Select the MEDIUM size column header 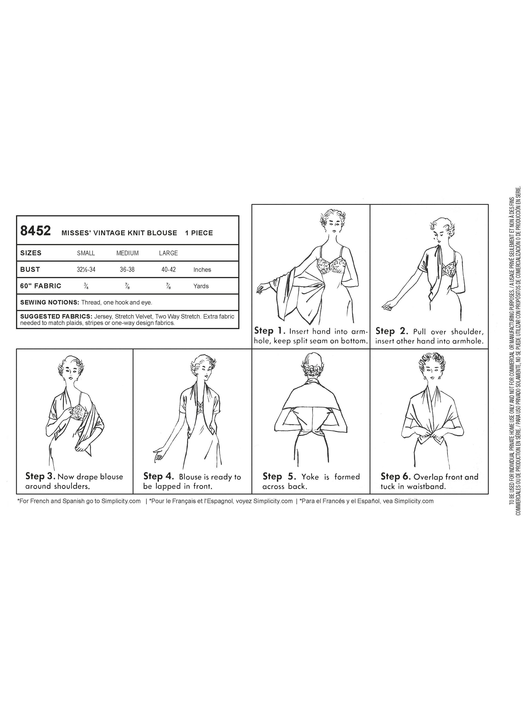pyautogui.click(x=127, y=253)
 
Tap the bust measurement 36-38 pyautogui.click(x=127, y=270)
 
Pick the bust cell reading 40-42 pyautogui.click(x=168, y=270)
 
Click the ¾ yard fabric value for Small pyautogui.click(x=86, y=286)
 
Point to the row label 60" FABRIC pyautogui.click(x=41, y=286)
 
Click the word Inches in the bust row pyautogui.click(x=202, y=270)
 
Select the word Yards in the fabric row pyautogui.click(x=201, y=286)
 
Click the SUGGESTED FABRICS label pyautogui.click(x=56, y=317)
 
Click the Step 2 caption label pyautogui.click(x=392, y=331)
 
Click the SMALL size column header pyautogui.click(x=86, y=253)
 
